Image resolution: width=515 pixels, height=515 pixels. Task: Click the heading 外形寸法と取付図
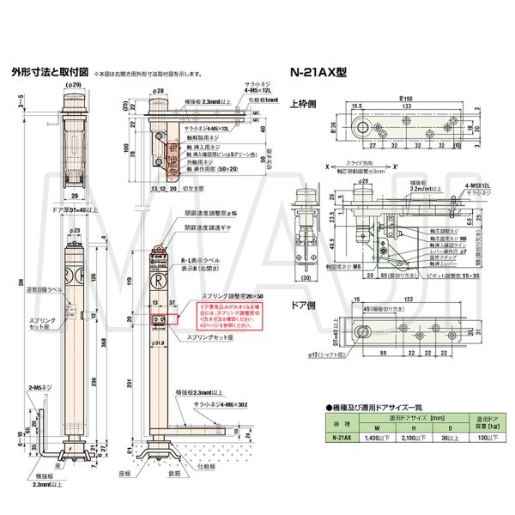click(45, 73)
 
